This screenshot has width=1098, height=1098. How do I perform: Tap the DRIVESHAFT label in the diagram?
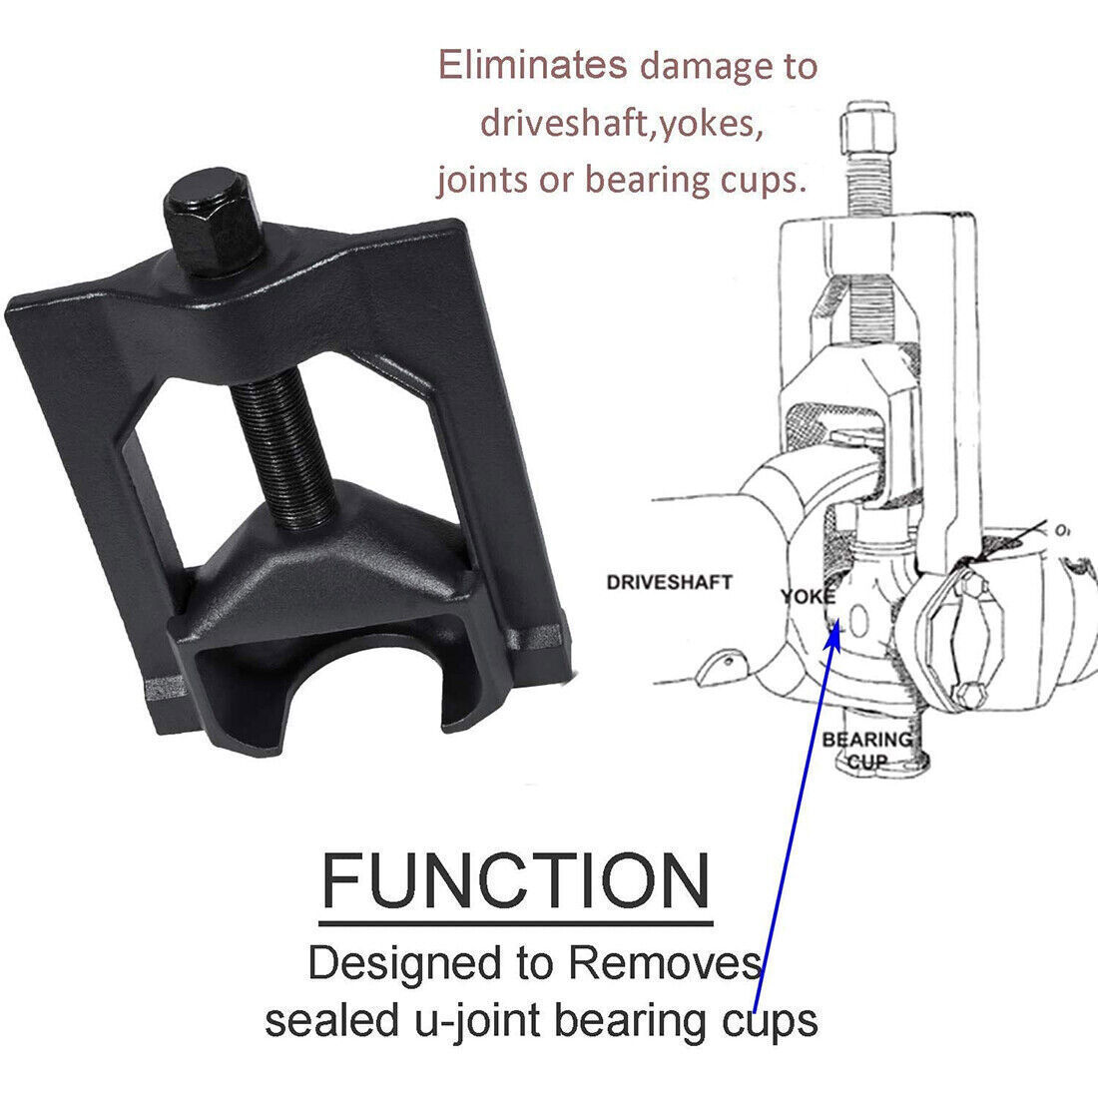669,582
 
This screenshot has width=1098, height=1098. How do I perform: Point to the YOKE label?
809,597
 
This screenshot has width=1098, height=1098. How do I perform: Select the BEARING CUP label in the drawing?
866,750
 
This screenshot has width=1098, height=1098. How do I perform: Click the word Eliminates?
532,65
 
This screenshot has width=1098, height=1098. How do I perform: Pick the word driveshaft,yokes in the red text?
622,124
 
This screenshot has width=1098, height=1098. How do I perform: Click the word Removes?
665,963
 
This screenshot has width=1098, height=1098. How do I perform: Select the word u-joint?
477,1021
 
